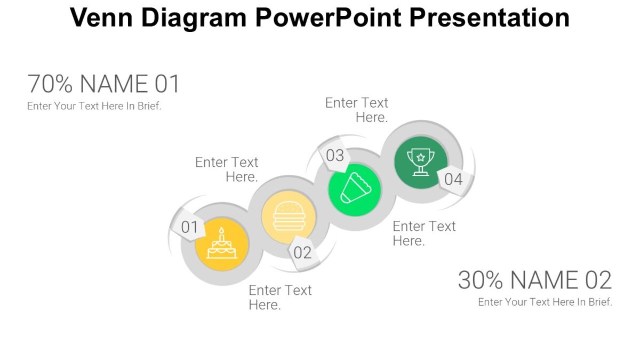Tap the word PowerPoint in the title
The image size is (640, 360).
[327, 18]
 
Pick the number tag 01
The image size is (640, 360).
[189, 227]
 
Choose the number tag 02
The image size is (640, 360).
[302, 252]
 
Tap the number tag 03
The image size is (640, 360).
[335, 155]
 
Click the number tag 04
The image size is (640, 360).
[453, 179]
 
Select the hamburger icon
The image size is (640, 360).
[289, 215]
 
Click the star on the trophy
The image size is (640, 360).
[421, 157]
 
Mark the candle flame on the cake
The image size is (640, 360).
[222, 231]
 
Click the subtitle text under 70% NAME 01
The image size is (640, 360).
[94, 106]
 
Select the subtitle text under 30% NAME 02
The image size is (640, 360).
[545, 302]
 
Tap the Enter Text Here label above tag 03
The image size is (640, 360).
[357, 110]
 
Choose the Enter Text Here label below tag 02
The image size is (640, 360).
[280, 298]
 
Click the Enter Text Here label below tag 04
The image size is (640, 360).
[424, 234]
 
